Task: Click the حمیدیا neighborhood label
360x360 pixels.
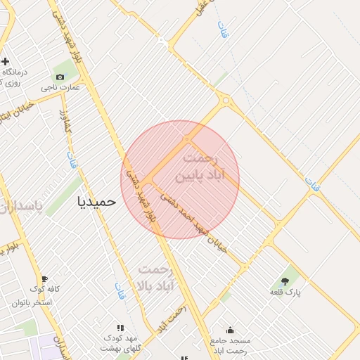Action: (95, 202)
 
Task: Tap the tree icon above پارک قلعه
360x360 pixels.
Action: (285, 281)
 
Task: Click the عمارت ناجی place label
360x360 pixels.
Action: (60, 88)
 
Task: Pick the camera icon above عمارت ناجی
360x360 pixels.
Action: (60, 77)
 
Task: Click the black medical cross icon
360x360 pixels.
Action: (5, 61)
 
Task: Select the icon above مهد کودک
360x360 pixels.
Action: (121, 328)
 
